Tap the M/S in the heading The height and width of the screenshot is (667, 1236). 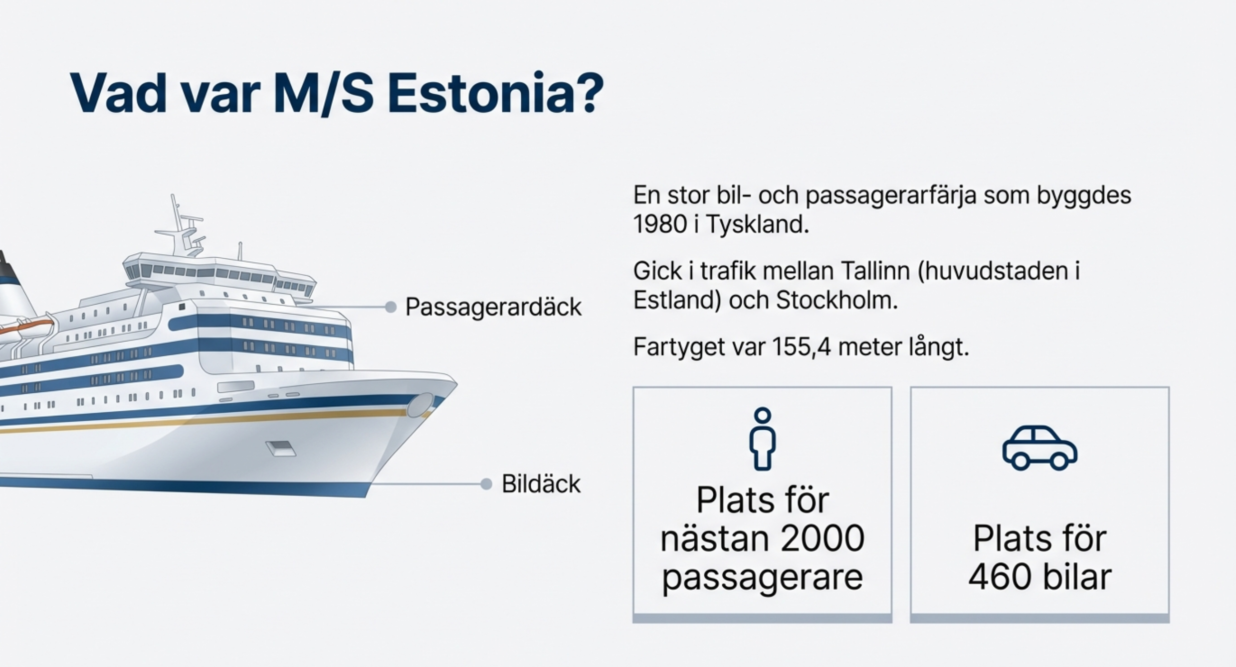323,93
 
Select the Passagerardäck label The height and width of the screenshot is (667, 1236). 493,307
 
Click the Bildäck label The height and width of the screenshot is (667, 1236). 541,484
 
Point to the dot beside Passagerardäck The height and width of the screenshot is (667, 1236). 391,307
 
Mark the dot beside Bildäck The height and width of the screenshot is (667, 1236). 486,484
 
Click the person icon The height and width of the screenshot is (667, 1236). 763,439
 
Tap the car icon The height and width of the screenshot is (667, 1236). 1040,448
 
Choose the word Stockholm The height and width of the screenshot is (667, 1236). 836,301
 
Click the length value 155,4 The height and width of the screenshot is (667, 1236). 802,347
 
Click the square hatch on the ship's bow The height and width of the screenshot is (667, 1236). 281,449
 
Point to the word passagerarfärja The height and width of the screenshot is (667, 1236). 890,196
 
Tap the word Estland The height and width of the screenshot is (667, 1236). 677,301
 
